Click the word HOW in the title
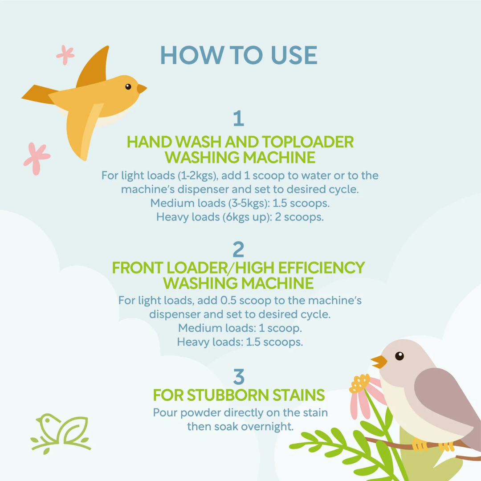[192, 55]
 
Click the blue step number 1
[239, 118]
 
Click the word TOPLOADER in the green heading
[308, 142]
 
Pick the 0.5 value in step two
[228, 300]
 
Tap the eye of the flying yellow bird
[128, 87]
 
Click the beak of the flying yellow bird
[142, 89]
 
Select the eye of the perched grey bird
[399, 356]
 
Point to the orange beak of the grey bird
[379, 362]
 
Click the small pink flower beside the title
[65, 55]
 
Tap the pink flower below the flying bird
[37, 159]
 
